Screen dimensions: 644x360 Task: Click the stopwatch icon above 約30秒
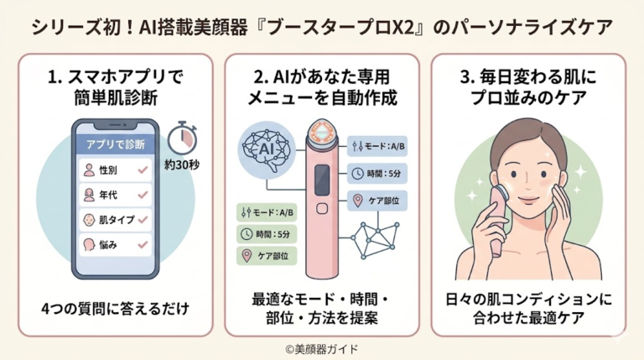pyautogui.click(x=182, y=138)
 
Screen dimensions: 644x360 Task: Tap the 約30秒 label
pyautogui.click(x=182, y=164)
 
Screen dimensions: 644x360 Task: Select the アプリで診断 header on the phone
pyautogui.click(x=116, y=144)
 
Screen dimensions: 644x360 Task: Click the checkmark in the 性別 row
pyautogui.click(x=143, y=170)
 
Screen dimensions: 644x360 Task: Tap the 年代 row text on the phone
pyautogui.click(x=108, y=195)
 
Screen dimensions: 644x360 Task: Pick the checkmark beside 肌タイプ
pyautogui.click(x=143, y=220)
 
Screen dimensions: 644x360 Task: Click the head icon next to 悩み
pyautogui.click(x=89, y=245)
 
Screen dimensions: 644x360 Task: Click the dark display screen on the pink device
pyautogui.click(x=322, y=180)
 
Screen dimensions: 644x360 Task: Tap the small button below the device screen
pyautogui.click(x=322, y=208)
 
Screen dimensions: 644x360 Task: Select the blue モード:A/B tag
pyautogui.click(x=377, y=146)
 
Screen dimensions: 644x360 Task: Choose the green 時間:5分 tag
pyautogui.click(x=267, y=234)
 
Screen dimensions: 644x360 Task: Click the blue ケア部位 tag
pyautogui.click(x=377, y=201)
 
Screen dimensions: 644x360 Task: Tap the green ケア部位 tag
pyautogui.click(x=267, y=256)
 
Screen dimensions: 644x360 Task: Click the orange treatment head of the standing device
pyautogui.click(x=322, y=133)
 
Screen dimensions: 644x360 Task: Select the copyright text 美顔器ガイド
pyautogui.click(x=326, y=349)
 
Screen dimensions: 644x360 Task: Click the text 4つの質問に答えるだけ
pyautogui.click(x=116, y=309)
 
